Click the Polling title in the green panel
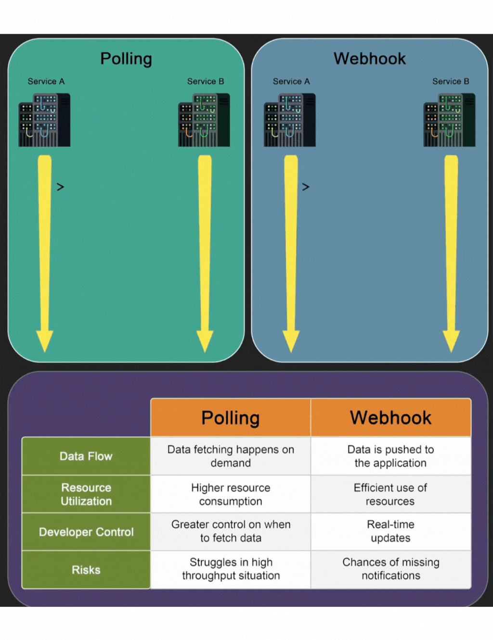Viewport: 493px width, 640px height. pos(126,59)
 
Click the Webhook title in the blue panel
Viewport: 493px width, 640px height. pos(370,59)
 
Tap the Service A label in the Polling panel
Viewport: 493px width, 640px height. pos(46,81)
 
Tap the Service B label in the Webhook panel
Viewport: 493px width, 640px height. pos(451,81)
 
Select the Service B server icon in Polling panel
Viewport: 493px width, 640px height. pos(204,120)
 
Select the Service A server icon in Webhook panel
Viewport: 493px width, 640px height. pos(290,120)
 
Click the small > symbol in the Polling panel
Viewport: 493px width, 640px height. pos(60,187)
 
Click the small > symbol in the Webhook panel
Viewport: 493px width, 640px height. pos(306,187)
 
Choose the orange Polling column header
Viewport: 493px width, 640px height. pos(231,417)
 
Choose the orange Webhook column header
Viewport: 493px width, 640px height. pos(390,417)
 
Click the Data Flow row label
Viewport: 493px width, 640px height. pos(86,456)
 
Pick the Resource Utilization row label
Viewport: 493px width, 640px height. pos(86,494)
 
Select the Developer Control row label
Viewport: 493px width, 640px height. pos(86,532)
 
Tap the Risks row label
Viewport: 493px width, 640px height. pos(86,570)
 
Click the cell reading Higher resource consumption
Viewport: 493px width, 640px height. pos(231,494)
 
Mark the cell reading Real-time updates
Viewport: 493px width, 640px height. pos(390,531)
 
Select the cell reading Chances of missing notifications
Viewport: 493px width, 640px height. pos(390,569)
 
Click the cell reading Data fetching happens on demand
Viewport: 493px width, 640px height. pos(231,456)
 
